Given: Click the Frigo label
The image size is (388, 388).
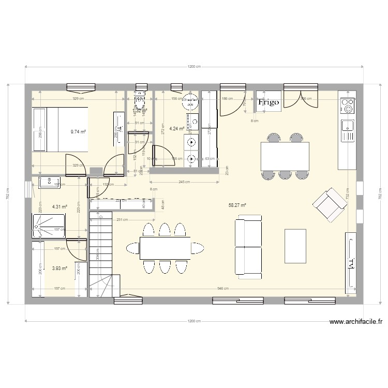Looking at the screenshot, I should coord(268,102).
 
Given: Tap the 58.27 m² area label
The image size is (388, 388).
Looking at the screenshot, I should coord(237,205).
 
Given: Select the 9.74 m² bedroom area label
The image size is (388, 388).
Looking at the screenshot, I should coord(79,132).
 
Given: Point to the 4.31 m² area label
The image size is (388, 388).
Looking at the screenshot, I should coord(60,206).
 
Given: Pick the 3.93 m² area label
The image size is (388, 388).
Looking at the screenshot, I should coord(60,268).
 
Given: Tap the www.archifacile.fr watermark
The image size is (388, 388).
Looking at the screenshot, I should coord(355,321).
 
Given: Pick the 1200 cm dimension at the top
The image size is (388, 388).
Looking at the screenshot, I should coord(193,67).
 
